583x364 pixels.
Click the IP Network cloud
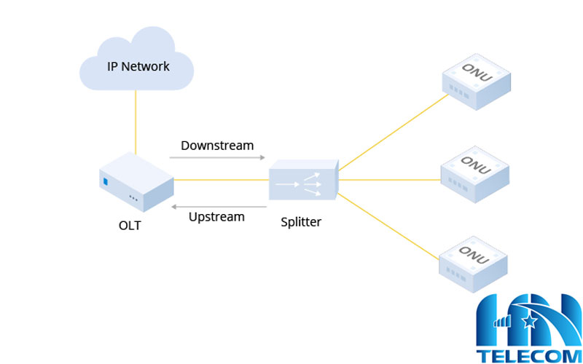136,62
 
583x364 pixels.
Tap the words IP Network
138,66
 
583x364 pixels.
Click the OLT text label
130,225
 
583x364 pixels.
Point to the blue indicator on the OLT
106,181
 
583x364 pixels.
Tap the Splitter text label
301,222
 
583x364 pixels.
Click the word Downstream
217,145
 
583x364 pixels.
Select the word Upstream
216,216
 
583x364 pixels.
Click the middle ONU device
475,174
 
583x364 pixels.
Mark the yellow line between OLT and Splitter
219,179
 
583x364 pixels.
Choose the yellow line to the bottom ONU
390,226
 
